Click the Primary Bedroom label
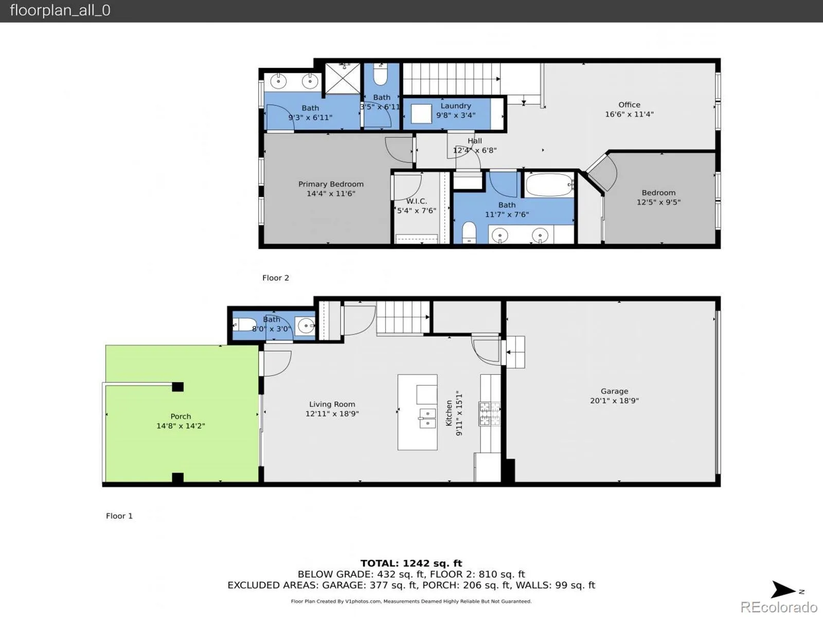tap(331, 184)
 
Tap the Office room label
tap(629, 105)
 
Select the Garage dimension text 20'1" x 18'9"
tap(614, 401)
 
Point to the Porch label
tap(181, 416)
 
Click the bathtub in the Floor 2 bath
tap(549, 185)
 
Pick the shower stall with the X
tap(343, 78)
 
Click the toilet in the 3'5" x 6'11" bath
tap(381, 75)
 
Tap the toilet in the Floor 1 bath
tap(245, 324)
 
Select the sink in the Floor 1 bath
tap(306, 325)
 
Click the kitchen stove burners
tap(489, 413)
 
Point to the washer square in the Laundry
tap(421, 114)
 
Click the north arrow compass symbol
tap(783, 590)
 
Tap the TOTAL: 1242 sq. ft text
tap(411, 563)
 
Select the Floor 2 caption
tap(276, 278)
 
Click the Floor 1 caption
tap(119, 516)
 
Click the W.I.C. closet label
tap(417, 201)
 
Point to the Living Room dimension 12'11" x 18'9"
tap(332, 413)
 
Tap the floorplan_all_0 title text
tap(60, 10)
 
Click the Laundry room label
tap(456, 106)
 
